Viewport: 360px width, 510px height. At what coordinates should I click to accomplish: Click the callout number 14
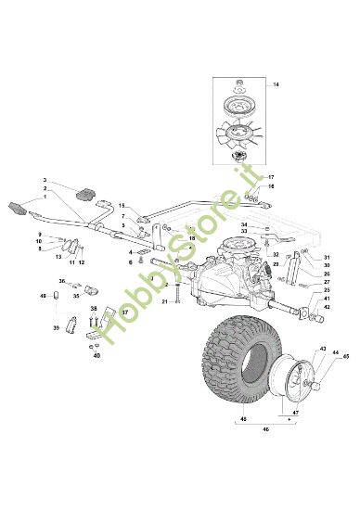pyautogui.click(x=275, y=84)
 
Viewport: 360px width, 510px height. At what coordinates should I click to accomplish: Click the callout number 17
pyautogui.click(x=272, y=177)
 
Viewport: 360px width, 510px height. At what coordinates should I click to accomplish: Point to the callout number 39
pyautogui.click(x=56, y=327)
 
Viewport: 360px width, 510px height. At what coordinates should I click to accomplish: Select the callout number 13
pyautogui.click(x=58, y=257)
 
